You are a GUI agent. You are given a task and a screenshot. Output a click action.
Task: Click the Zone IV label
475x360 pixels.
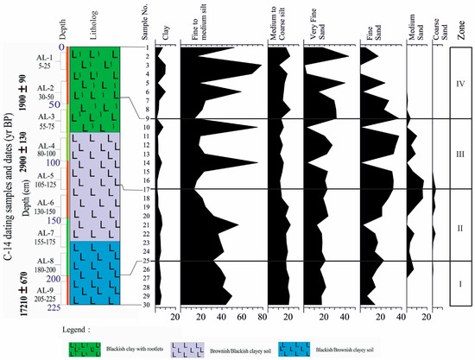click(459, 85)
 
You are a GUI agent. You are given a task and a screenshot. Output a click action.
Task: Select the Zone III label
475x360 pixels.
click(459, 153)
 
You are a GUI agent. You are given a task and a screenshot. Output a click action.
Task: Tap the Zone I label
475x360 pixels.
click(459, 283)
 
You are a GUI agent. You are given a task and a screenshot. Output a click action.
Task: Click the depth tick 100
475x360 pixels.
click(54, 162)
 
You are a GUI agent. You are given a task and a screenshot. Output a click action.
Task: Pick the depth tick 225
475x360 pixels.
click(54, 307)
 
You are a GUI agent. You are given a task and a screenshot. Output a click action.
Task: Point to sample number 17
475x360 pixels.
click(147, 189)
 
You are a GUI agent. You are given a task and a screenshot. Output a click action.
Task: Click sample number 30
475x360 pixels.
click(147, 305)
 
